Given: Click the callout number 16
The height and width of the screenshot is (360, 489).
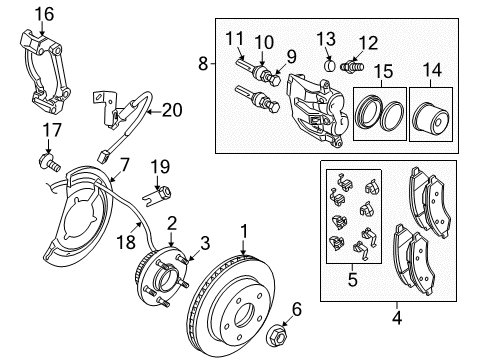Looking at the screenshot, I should pos(41,13).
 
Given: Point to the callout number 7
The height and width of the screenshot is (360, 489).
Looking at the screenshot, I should pos(126,164).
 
